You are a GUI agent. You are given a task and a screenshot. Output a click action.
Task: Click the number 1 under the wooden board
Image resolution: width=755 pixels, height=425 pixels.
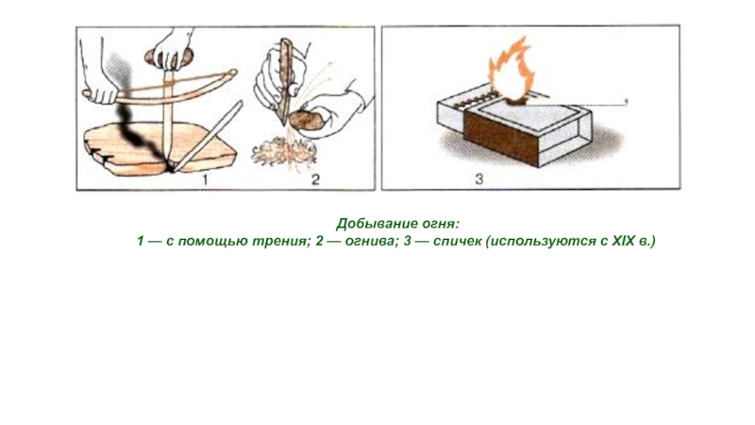pos(205,179)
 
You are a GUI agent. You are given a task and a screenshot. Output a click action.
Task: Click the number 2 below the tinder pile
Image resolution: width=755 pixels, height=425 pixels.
pos(315,179)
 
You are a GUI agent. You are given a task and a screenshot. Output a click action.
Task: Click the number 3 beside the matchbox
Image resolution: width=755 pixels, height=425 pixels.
pos(478,179)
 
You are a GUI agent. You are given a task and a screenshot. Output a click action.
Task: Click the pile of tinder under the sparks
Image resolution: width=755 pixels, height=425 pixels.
pos(284,153)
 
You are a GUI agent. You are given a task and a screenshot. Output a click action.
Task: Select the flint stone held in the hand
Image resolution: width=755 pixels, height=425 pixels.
pos(306,121)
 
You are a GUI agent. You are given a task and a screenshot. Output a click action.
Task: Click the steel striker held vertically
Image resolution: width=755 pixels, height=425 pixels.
pos(285,79)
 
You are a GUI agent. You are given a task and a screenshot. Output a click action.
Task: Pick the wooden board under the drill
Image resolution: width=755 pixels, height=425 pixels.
pos(159,147)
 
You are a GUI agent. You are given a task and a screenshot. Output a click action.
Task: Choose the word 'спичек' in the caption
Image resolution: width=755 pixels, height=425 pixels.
pos(458,241)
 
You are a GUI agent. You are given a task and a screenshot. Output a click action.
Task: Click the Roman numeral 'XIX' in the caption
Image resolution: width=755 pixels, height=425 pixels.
pos(624,241)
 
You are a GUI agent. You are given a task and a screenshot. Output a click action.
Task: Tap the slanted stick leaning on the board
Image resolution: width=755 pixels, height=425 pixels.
pos(208,136)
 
